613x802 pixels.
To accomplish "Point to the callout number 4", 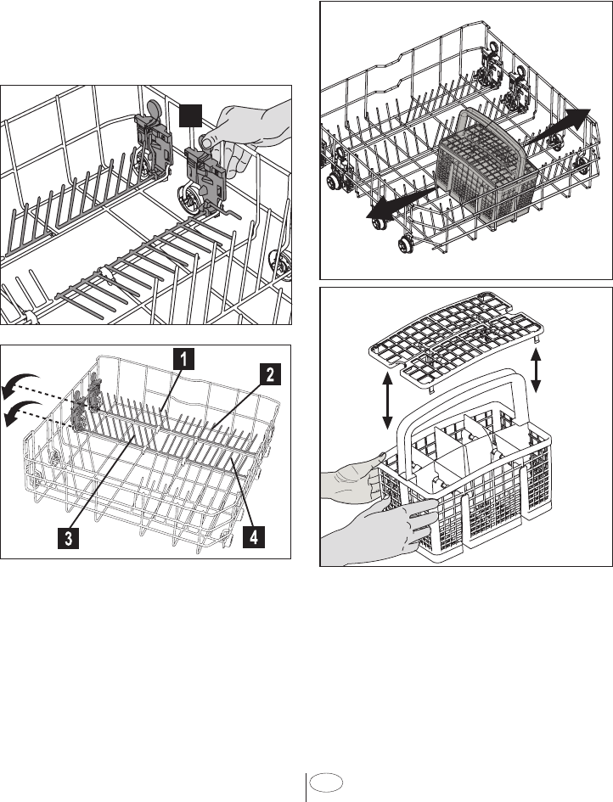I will point(251,538).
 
